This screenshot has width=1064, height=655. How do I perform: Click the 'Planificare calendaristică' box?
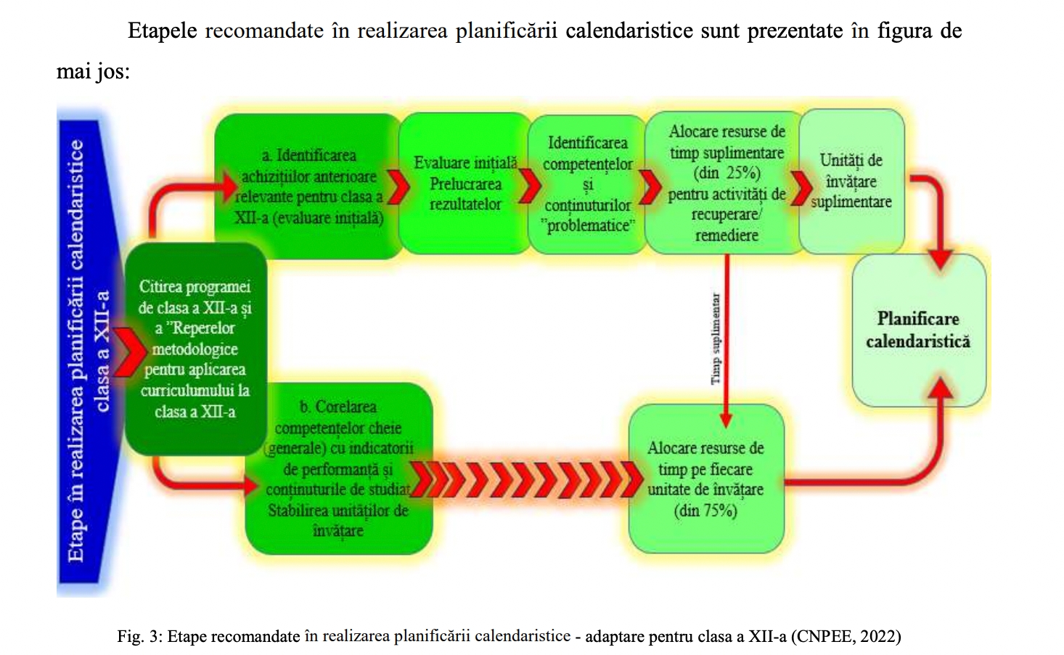click(x=918, y=330)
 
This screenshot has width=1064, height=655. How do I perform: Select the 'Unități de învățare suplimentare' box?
click(x=851, y=182)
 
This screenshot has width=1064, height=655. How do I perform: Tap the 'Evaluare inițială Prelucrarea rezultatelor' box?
click(x=465, y=184)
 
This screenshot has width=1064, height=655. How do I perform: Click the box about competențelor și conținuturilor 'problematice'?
click(x=587, y=184)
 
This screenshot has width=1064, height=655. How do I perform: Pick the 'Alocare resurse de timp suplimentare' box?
click(x=727, y=183)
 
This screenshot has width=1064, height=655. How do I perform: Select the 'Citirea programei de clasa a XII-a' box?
click(x=195, y=349)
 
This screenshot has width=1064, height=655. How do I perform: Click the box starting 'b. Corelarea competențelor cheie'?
click(x=338, y=468)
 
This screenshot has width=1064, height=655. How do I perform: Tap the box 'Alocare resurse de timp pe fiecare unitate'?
click(x=705, y=479)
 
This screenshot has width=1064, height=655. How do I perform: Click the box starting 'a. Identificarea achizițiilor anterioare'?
click(x=309, y=187)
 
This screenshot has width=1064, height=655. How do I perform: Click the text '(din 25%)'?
click(x=727, y=174)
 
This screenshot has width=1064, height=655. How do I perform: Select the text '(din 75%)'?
click(x=705, y=510)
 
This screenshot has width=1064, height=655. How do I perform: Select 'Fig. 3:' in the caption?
click(x=139, y=637)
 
